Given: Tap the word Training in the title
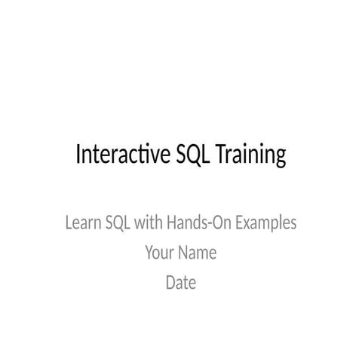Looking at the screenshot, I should (250, 156).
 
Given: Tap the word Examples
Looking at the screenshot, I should (266, 225).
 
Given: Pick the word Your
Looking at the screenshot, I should (160, 253).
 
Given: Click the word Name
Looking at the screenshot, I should (198, 253).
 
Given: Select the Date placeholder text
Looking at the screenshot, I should (181, 283).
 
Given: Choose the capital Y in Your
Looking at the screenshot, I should (149, 253).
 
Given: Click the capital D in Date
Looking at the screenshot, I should (170, 283).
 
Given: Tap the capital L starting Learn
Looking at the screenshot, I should (69, 223).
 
